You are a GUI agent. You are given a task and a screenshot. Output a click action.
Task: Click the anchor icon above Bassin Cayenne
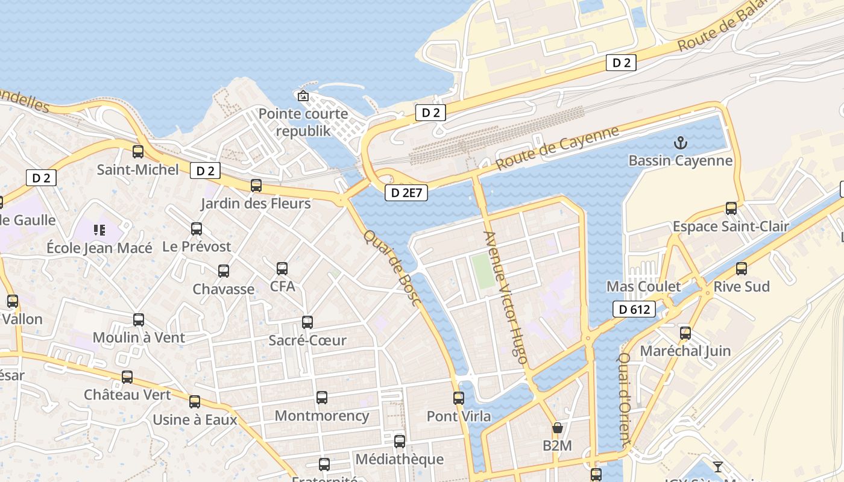[x=680, y=143]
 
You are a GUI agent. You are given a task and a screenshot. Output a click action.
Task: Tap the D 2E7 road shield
[x=406, y=193]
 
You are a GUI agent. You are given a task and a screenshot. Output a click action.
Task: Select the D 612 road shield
[x=634, y=310]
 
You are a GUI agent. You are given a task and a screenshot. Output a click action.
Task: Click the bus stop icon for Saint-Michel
[x=138, y=152]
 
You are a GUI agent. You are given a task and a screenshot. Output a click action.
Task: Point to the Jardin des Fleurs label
[x=256, y=203]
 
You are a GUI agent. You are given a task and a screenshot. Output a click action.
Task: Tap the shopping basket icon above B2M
[x=557, y=428]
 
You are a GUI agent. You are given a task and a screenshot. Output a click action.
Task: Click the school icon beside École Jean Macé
[x=99, y=230]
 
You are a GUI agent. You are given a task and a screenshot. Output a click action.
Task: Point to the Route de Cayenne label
[x=558, y=148]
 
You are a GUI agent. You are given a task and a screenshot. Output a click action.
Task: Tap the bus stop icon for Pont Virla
[x=459, y=398]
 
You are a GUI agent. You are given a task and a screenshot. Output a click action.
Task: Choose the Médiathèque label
[x=399, y=459]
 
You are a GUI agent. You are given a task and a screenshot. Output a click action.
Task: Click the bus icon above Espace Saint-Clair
[x=731, y=208]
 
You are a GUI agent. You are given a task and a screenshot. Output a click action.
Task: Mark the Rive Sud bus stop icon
[x=741, y=269]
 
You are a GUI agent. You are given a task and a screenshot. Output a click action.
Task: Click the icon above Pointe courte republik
[x=303, y=96]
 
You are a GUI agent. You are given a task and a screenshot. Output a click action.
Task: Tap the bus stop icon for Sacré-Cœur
[x=307, y=322]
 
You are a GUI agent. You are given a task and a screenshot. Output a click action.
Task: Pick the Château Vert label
[x=127, y=395]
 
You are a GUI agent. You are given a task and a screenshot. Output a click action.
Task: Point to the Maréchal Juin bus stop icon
[x=685, y=333]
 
